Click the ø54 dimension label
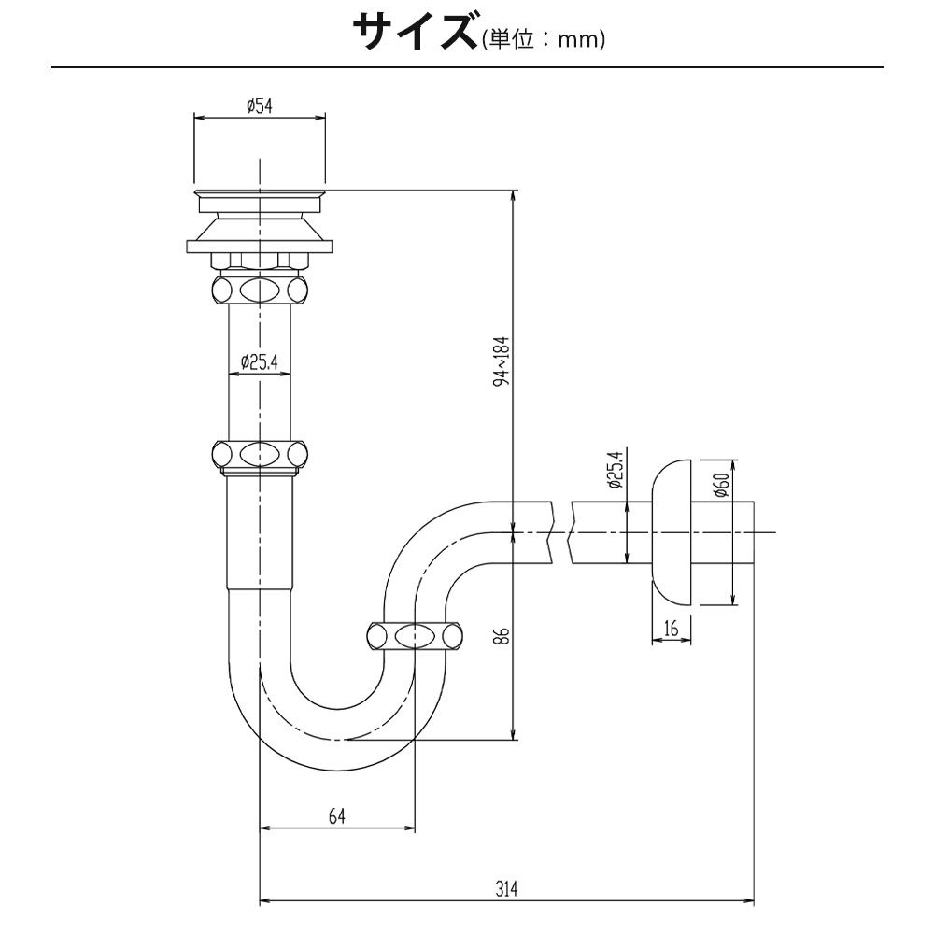(x=260, y=106)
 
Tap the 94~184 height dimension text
(x=502, y=361)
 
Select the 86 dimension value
(x=501, y=635)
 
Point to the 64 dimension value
(x=337, y=815)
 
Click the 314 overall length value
(x=506, y=889)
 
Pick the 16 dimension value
(x=672, y=628)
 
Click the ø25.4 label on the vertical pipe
(x=260, y=361)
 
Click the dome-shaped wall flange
(x=672, y=532)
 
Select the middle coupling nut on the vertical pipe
(x=260, y=456)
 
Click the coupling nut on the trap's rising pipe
(x=415, y=636)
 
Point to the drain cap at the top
(x=260, y=201)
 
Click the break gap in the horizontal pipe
(x=561, y=532)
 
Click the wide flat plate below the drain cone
(x=260, y=246)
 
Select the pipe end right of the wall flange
(x=723, y=532)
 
